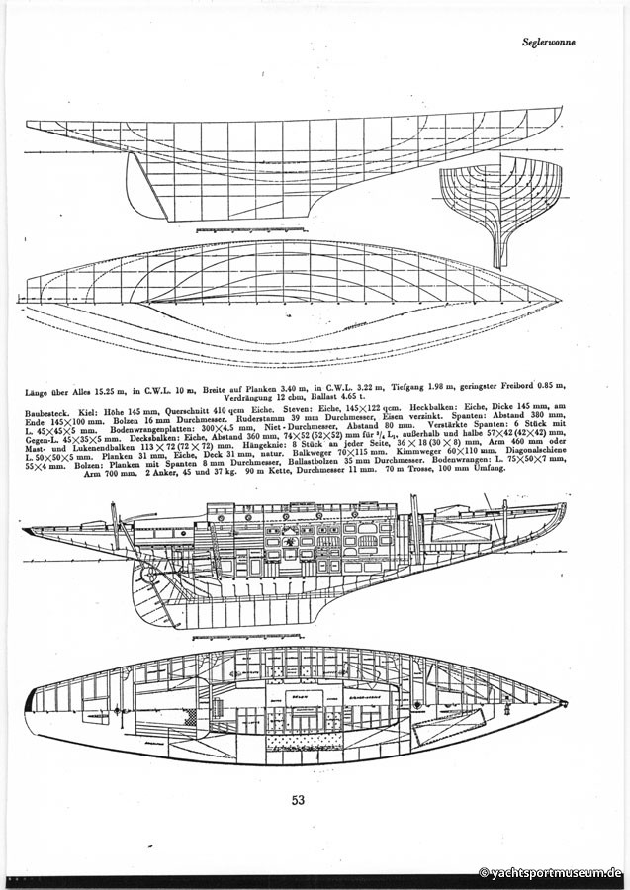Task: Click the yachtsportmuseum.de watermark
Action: pyautogui.click(x=550, y=873)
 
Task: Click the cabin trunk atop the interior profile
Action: pyautogui.click(x=297, y=514)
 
